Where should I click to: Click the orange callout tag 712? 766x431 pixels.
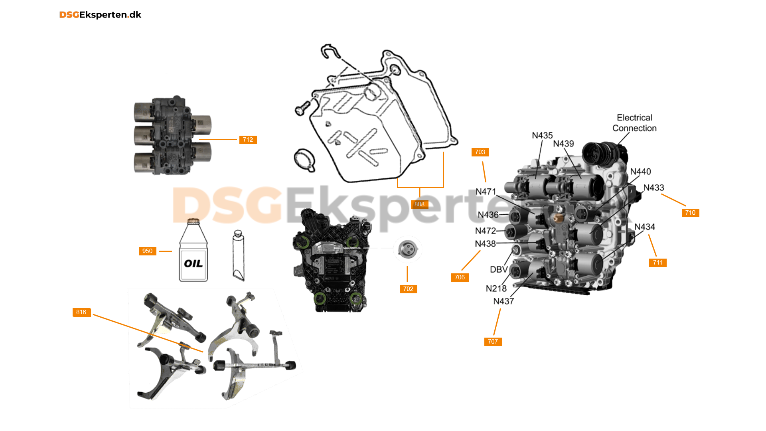click(x=248, y=140)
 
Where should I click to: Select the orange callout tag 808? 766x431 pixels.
click(x=419, y=204)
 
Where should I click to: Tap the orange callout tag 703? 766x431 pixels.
click(x=480, y=152)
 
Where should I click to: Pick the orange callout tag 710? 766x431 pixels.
click(x=690, y=213)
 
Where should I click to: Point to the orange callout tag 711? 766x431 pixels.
click(x=657, y=263)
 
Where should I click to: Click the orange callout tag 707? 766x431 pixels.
click(x=493, y=342)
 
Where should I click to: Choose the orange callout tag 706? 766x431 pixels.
click(x=460, y=277)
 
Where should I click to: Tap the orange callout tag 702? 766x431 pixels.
click(x=408, y=289)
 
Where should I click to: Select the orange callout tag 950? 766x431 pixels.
click(x=147, y=251)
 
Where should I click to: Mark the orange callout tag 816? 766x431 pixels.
click(x=81, y=312)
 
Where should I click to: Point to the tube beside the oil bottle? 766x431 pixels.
click(x=238, y=255)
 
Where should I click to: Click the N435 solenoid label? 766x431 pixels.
click(x=542, y=136)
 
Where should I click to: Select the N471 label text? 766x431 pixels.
click(x=486, y=192)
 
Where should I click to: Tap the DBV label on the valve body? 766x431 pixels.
click(x=499, y=269)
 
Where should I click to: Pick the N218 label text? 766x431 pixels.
click(x=496, y=289)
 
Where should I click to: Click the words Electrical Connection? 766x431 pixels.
click(x=634, y=123)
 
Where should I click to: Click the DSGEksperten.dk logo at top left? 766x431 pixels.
click(x=100, y=15)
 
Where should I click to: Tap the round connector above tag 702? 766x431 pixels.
click(x=407, y=249)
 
